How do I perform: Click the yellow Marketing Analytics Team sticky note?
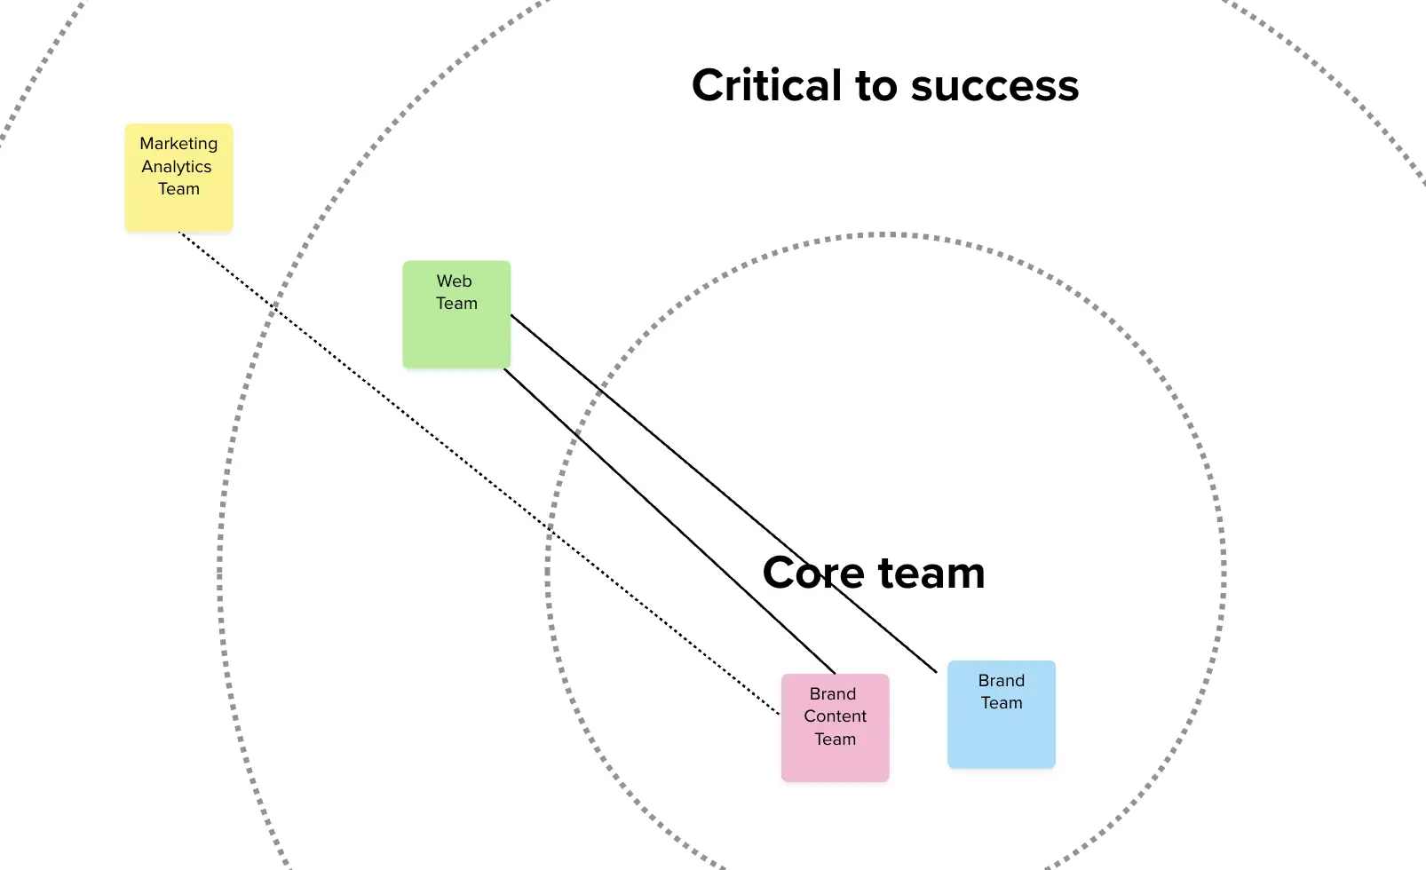(x=178, y=178)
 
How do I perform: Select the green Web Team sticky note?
(x=456, y=314)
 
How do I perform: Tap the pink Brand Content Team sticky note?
(x=836, y=727)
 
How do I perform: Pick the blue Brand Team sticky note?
(x=1002, y=714)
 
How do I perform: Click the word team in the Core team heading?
(x=931, y=573)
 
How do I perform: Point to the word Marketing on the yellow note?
(x=178, y=144)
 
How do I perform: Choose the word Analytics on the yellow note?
(x=177, y=167)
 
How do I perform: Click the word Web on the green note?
(x=454, y=281)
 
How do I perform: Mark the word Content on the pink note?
(x=836, y=716)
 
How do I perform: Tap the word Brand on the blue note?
(x=1002, y=680)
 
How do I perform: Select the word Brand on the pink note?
(x=833, y=693)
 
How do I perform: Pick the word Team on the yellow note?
(x=178, y=189)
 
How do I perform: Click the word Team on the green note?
(x=456, y=304)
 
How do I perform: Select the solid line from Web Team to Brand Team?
(x=724, y=494)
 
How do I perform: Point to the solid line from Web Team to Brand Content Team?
(x=669, y=521)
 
